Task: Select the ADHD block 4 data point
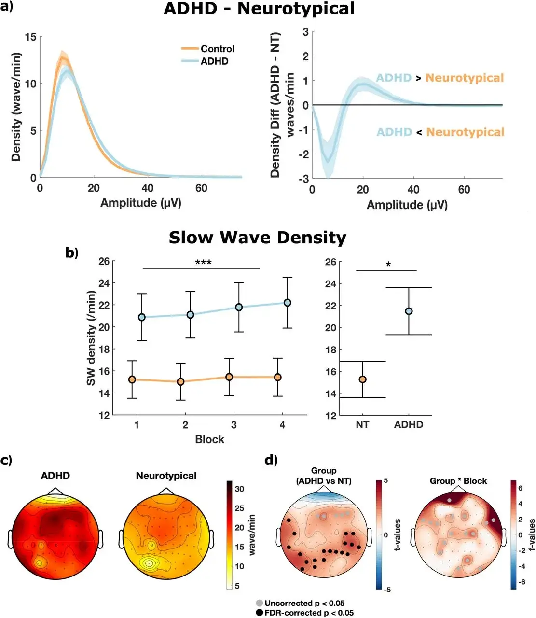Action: pos(288,303)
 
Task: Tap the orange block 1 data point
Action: pos(132,379)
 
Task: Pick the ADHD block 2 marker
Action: pos(191,315)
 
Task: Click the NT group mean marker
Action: pos(362,379)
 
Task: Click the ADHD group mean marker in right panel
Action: pos(409,311)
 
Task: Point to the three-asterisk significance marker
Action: pos(203,263)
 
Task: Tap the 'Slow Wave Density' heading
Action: pos(257,238)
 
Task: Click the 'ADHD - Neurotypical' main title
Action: pos(259,9)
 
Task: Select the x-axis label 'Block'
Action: pos(209,439)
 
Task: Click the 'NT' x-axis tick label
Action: pos(362,425)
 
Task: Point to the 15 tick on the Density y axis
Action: pos(31,37)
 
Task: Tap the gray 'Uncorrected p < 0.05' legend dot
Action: pos(260,603)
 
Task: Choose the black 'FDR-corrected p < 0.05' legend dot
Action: pos(260,613)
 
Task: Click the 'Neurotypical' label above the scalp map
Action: pos(166,476)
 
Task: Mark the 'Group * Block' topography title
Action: pos(458,481)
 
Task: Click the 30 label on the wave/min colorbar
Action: pos(239,489)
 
